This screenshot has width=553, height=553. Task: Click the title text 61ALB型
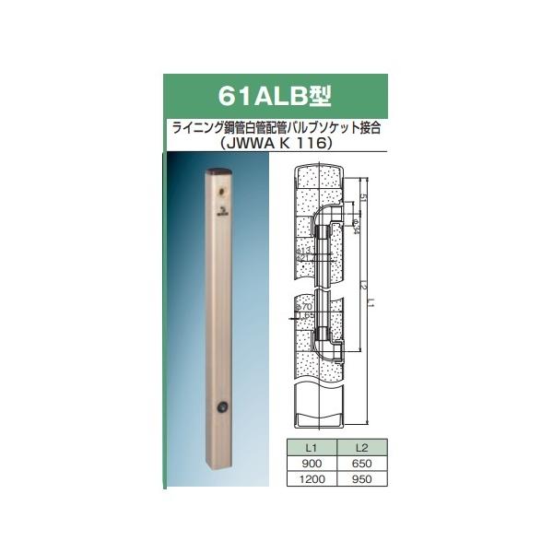[276, 95]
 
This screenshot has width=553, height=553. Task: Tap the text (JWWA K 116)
[276, 143]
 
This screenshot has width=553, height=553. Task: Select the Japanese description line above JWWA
[276, 127]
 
